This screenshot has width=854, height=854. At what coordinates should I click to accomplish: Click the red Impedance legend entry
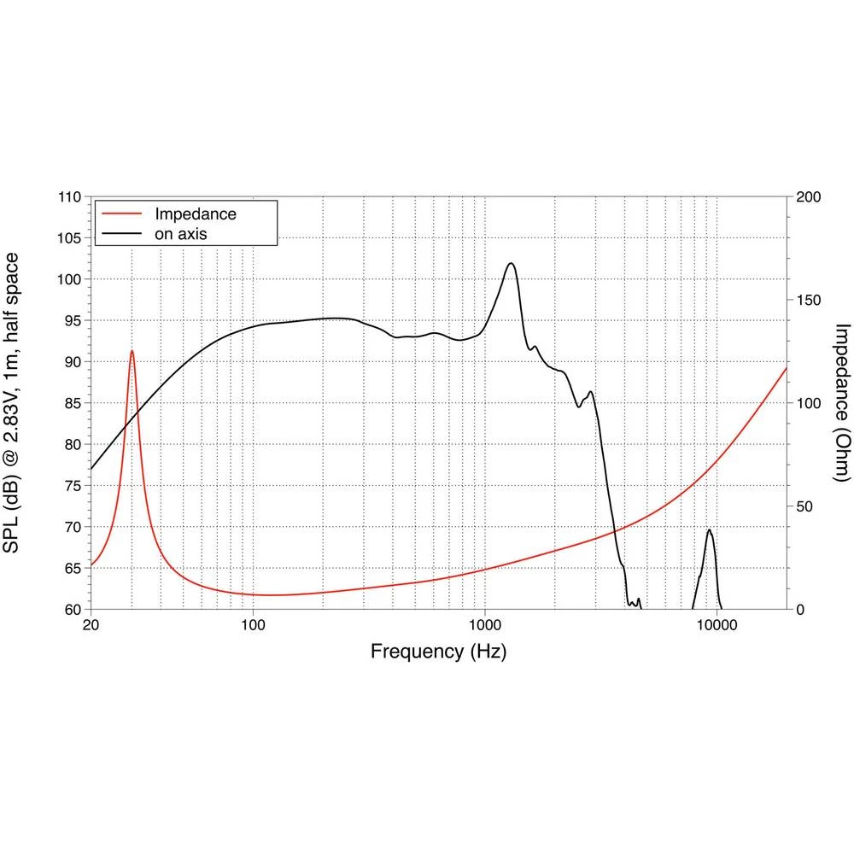coord(195,213)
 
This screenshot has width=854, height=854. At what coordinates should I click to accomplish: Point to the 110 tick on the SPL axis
coord(73,197)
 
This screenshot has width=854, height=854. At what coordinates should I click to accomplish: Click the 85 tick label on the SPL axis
coord(73,403)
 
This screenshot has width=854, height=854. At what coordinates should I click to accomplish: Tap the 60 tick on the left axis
coord(73,610)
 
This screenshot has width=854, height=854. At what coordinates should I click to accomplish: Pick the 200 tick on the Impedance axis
coord(808,197)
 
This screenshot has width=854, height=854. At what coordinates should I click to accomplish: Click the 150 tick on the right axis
coord(808,301)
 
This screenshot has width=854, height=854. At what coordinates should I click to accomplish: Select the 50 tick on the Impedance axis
coord(804,506)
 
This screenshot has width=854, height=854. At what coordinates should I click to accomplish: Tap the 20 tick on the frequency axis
coord(91,623)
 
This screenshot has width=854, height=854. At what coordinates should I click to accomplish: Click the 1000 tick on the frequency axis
coord(485,623)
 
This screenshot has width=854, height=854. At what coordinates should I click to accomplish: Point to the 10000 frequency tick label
coord(717,623)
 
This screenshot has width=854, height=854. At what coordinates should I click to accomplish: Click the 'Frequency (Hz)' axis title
coord(438,652)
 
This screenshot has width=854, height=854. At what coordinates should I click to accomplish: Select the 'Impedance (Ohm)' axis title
coord(841,403)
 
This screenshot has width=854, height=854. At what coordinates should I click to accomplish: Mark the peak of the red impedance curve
coord(132,350)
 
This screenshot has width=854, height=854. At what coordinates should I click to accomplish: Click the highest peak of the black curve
coord(511,263)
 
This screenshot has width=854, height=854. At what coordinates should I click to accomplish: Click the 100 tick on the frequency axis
coord(253,623)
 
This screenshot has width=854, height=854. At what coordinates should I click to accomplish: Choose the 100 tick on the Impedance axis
coord(808,403)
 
